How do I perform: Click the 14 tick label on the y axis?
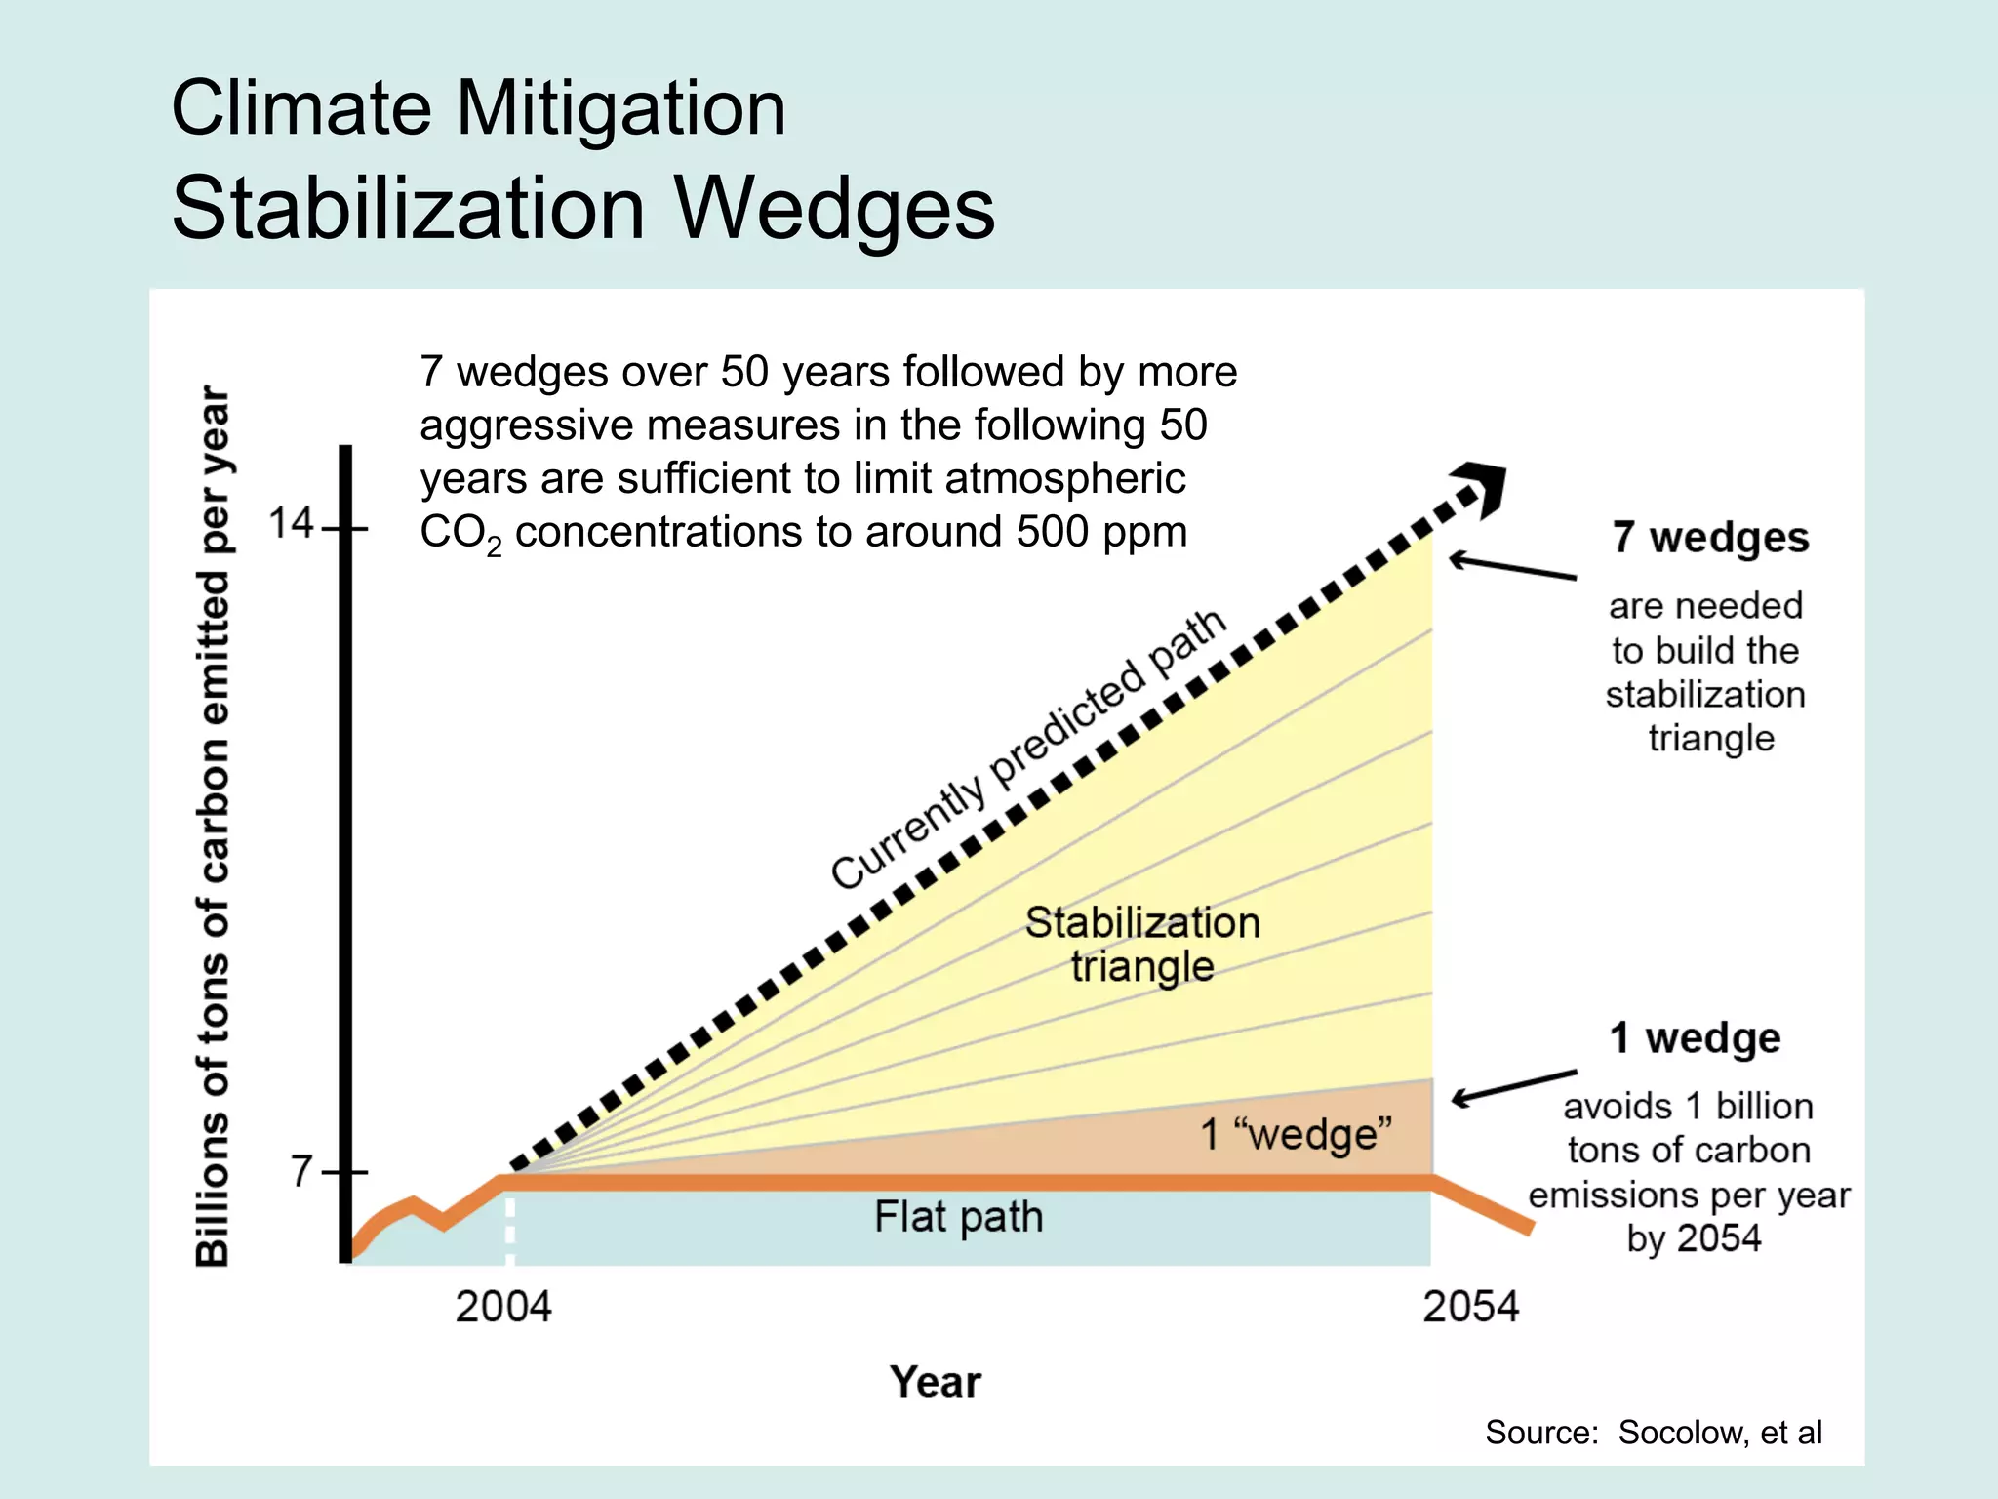(x=290, y=524)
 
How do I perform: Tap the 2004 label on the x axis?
(x=503, y=1307)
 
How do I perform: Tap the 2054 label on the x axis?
(x=1470, y=1307)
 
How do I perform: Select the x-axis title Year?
(x=935, y=1382)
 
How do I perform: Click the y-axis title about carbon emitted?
(x=214, y=826)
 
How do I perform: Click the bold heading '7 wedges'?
(x=1710, y=538)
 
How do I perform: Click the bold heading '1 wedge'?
(x=1695, y=1037)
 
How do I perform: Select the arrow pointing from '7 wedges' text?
(x=1511, y=567)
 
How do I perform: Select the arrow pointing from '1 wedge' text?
(x=1513, y=1086)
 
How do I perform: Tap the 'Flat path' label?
(x=958, y=1217)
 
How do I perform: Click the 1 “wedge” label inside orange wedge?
(x=1296, y=1135)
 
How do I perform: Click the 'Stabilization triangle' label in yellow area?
(x=1142, y=944)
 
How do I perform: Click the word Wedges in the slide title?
(x=835, y=208)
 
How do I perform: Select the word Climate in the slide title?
(x=300, y=107)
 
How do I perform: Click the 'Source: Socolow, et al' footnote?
(x=1653, y=1432)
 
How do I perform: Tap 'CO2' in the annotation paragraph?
(x=459, y=534)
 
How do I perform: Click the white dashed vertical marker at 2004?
(x=509, y=1231)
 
